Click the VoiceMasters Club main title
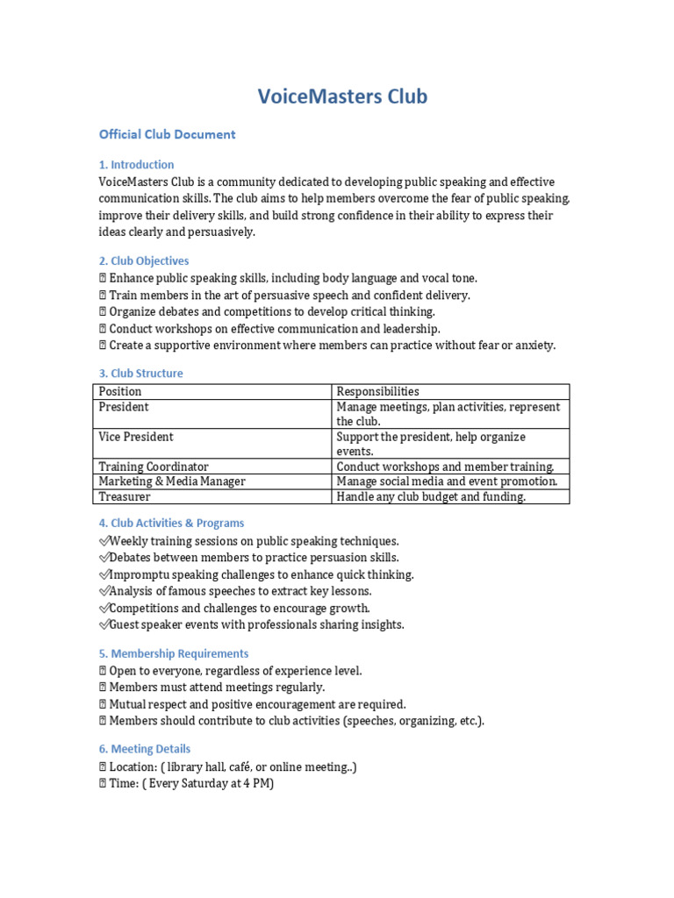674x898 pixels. pyautogui.click(x=342, y=96)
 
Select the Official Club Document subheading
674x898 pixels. pyautogui.click(x=167, y=134)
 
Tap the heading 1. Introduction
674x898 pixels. pyautogui.click(x=136, y=164)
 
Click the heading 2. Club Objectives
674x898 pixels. pyautogui.click(x=143, y=260)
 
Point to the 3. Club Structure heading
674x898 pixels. pyautogui.click(x=140, y=373)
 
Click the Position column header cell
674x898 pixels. pyautogui.click(x=120, y=391)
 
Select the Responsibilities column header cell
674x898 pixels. pyautogui.click(x=377, y=391)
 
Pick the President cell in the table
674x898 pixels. pyautogui.click(x=124, y=407)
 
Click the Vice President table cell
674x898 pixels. pyautogui.click(x=136, y=437)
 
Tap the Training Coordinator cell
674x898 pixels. pyautogui.click(x=154, y=467)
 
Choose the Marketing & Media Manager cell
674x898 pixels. pyautogui.click(x=172, y=481)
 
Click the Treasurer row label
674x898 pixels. pyautogui.click(x=125, y=496)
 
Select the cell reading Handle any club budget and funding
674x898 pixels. pyautogui.click(x=431, y=496)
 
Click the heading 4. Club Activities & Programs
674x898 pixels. pyautogui.click(x=171, y=523)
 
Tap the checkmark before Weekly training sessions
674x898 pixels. pyautogui.click(x=104, y=541)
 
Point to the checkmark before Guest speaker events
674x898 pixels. pyautogui.click(x=104, y=625)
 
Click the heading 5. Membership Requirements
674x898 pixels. pyautogui.click(x=173, y=653)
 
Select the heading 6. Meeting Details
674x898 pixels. pyautogui.click(x=145, y=749)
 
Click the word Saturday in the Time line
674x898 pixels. pyautogui.click(x=200, y=783)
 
